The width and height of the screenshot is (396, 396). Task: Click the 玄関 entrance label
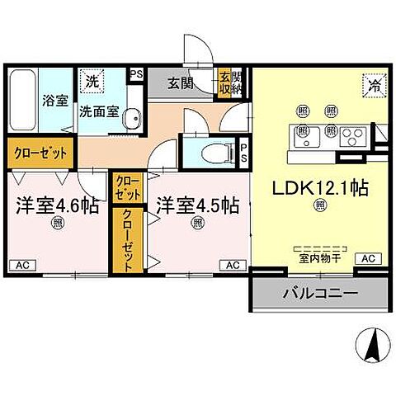(181, 82)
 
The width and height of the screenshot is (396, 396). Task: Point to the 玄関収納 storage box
(226, 82)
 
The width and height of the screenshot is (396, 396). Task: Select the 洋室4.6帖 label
(52, 204)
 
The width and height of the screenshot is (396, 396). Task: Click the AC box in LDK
(367, 259)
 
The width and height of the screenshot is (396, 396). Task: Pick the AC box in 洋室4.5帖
(233, 265)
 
